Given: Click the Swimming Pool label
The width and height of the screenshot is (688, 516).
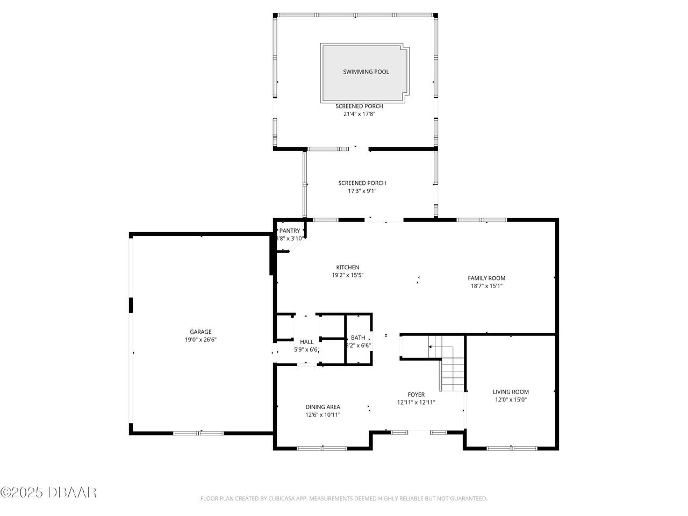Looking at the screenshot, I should pyautogui.click(x=366, y=72).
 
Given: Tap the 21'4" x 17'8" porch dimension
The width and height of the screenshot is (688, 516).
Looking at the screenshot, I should pyautogui.click(x=359, y=114).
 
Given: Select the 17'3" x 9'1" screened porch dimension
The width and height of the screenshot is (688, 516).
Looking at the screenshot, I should pyautogui.click(x=362, y=191).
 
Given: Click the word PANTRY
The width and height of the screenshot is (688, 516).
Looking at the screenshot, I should pyautogui.click(x=290, y=231).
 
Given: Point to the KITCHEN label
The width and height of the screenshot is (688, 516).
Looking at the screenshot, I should pyautogui.click(x=347, y=267).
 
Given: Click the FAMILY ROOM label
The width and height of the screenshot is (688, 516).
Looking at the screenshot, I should pyautogui.click(x=486, y=278).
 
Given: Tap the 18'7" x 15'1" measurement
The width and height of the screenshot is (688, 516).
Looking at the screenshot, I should pyautogui.click(x=486, y=286).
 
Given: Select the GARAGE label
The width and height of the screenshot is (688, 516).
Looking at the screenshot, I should pyautogui.click(x=200, y=332).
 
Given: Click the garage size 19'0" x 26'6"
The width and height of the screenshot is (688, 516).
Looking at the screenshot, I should pyautogui.click(x=200, y=340).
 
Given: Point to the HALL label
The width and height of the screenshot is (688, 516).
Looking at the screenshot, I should pyautogui.click(x=306, y=342).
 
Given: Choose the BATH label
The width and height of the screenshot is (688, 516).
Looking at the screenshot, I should pyautogui.click(x=358, y=338).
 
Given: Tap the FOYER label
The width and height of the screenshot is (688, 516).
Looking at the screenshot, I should pyautogui.click(x=416, y=395).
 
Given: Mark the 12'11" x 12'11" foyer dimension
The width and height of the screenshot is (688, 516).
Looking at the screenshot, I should pyautogui.click(x=416, y=403).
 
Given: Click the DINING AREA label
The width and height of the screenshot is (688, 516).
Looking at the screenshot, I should pyautogui.click(x=322, y=407).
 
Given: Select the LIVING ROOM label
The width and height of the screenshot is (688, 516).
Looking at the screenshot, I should pyautogui.click(x=511, y=392).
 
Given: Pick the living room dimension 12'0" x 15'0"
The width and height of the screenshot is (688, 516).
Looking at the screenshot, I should pyautogui.click(x=511, y=400).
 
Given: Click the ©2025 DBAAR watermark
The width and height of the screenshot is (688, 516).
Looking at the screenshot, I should pyautogui.click(x=48, y=492).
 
